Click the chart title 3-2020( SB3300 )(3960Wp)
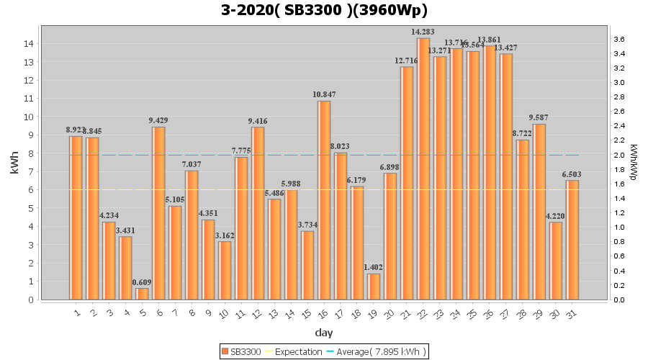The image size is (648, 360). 324,10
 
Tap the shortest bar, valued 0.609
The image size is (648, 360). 143,294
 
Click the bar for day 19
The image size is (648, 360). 374,287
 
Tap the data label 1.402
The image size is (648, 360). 374,268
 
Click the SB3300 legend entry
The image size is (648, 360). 242,351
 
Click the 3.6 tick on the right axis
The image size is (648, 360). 618,39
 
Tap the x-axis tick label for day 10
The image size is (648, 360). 224,314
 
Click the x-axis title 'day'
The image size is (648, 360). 323,333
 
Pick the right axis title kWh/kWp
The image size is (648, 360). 633,162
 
